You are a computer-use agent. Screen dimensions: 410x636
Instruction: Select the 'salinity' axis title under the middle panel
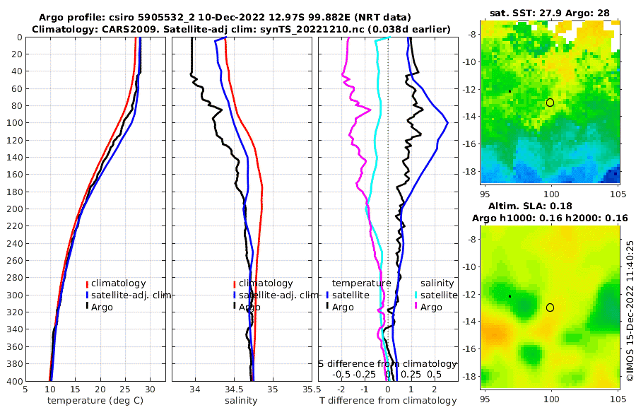click(x=240, y=401)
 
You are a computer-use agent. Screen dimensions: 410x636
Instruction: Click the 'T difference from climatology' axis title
click(x=388, y=401)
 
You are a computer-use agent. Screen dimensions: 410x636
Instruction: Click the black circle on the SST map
click(x=550, y=102)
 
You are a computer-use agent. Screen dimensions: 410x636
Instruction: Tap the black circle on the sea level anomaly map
click(x=550, y=307)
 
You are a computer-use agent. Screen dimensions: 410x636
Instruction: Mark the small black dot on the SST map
click(x=510, y=91)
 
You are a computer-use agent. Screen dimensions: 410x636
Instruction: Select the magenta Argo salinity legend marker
click(x=417, y=307)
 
